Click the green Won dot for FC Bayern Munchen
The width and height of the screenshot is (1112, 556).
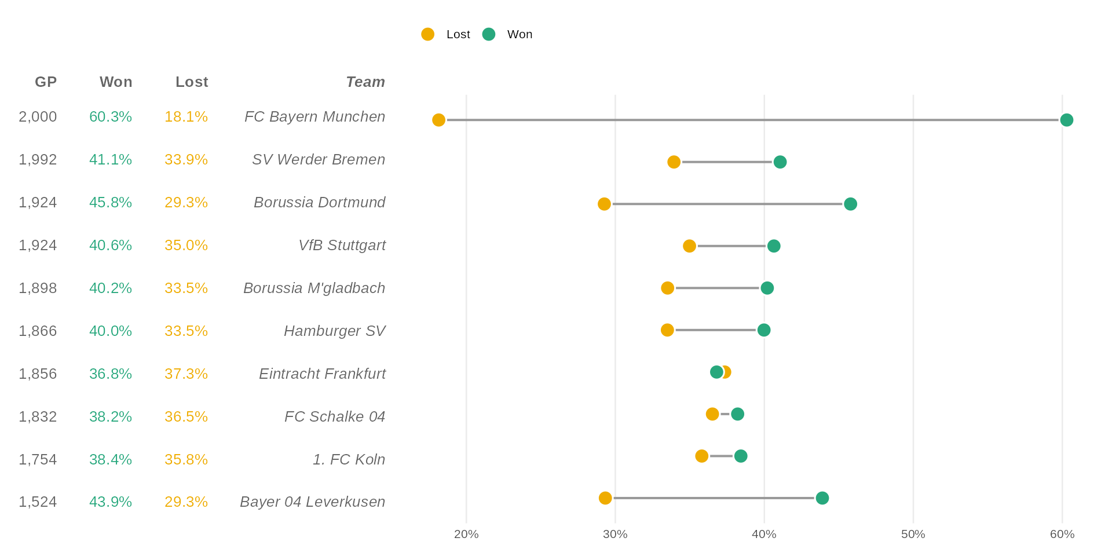coord(1066,120)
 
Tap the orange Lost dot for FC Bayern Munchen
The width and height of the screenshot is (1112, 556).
coord(439,120)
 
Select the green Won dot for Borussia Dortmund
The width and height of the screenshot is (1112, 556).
coord(850,204)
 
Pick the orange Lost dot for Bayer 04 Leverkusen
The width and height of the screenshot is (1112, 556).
coord(605,498)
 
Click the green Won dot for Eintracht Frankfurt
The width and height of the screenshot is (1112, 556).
coord(716,372)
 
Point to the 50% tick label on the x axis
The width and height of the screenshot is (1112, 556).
coord(913,534)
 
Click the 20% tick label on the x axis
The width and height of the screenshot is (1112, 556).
coord(466,534)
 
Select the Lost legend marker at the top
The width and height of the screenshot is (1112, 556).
coord(428,34)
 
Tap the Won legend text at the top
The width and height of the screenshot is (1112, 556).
coord(520,34)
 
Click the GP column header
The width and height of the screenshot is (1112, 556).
coord(46,82)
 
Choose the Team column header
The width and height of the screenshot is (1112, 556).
coord(365,82)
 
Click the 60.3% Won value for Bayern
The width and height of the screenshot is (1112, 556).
coord(111,116)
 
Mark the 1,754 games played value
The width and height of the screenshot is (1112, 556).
coord(38,459)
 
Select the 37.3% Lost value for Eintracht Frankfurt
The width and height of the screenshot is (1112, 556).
coord(186,374)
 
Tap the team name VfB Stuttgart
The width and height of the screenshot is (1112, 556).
coord(342,245)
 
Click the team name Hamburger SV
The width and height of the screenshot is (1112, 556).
coord(334,331)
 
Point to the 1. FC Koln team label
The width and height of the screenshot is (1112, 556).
coord(349,459)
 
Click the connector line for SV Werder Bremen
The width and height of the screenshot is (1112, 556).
coord(727,162)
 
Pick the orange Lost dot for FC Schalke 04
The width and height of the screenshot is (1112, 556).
coord(712,414)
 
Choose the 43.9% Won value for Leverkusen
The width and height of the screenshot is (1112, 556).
coord(111,502)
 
